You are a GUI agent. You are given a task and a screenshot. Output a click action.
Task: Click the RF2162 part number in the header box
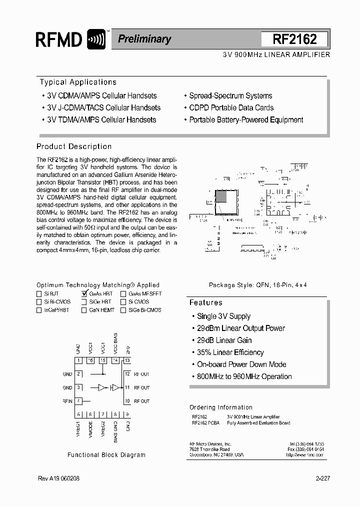pos(294,39)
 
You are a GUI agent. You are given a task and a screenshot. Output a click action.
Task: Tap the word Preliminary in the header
pos(144,39)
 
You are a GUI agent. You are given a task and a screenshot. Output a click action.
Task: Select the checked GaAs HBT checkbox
pos(84,294)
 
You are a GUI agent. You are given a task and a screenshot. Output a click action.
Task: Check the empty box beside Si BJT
pos(39,294)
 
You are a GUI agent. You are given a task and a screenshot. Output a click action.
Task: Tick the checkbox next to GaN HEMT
pos(84,310)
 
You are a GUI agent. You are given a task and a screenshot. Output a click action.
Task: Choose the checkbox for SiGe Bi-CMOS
pos(123,310)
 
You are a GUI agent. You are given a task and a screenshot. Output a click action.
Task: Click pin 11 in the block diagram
pos(127,387)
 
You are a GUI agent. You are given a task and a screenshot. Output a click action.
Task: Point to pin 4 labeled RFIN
pos(78,401)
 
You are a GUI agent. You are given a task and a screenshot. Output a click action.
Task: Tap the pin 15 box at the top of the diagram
pos(103,360)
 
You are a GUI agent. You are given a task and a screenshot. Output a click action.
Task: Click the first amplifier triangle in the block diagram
pos(102,387)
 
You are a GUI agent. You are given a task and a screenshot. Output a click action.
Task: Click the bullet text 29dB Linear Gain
pos(224,340)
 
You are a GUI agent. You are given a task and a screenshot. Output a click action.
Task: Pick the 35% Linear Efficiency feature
pos(230,352)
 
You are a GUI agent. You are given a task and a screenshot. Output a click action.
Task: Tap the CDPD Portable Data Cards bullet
pos(231,108)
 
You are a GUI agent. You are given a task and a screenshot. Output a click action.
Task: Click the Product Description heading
pos(74,146)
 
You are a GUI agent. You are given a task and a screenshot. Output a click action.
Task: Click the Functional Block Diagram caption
pos(106,455)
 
